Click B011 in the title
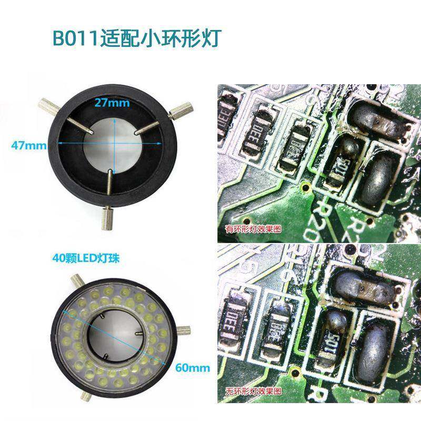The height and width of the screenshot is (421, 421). [74, 39]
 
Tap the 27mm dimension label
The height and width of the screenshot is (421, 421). [112, 103]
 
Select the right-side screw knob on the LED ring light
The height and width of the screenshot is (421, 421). [184, 330]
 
